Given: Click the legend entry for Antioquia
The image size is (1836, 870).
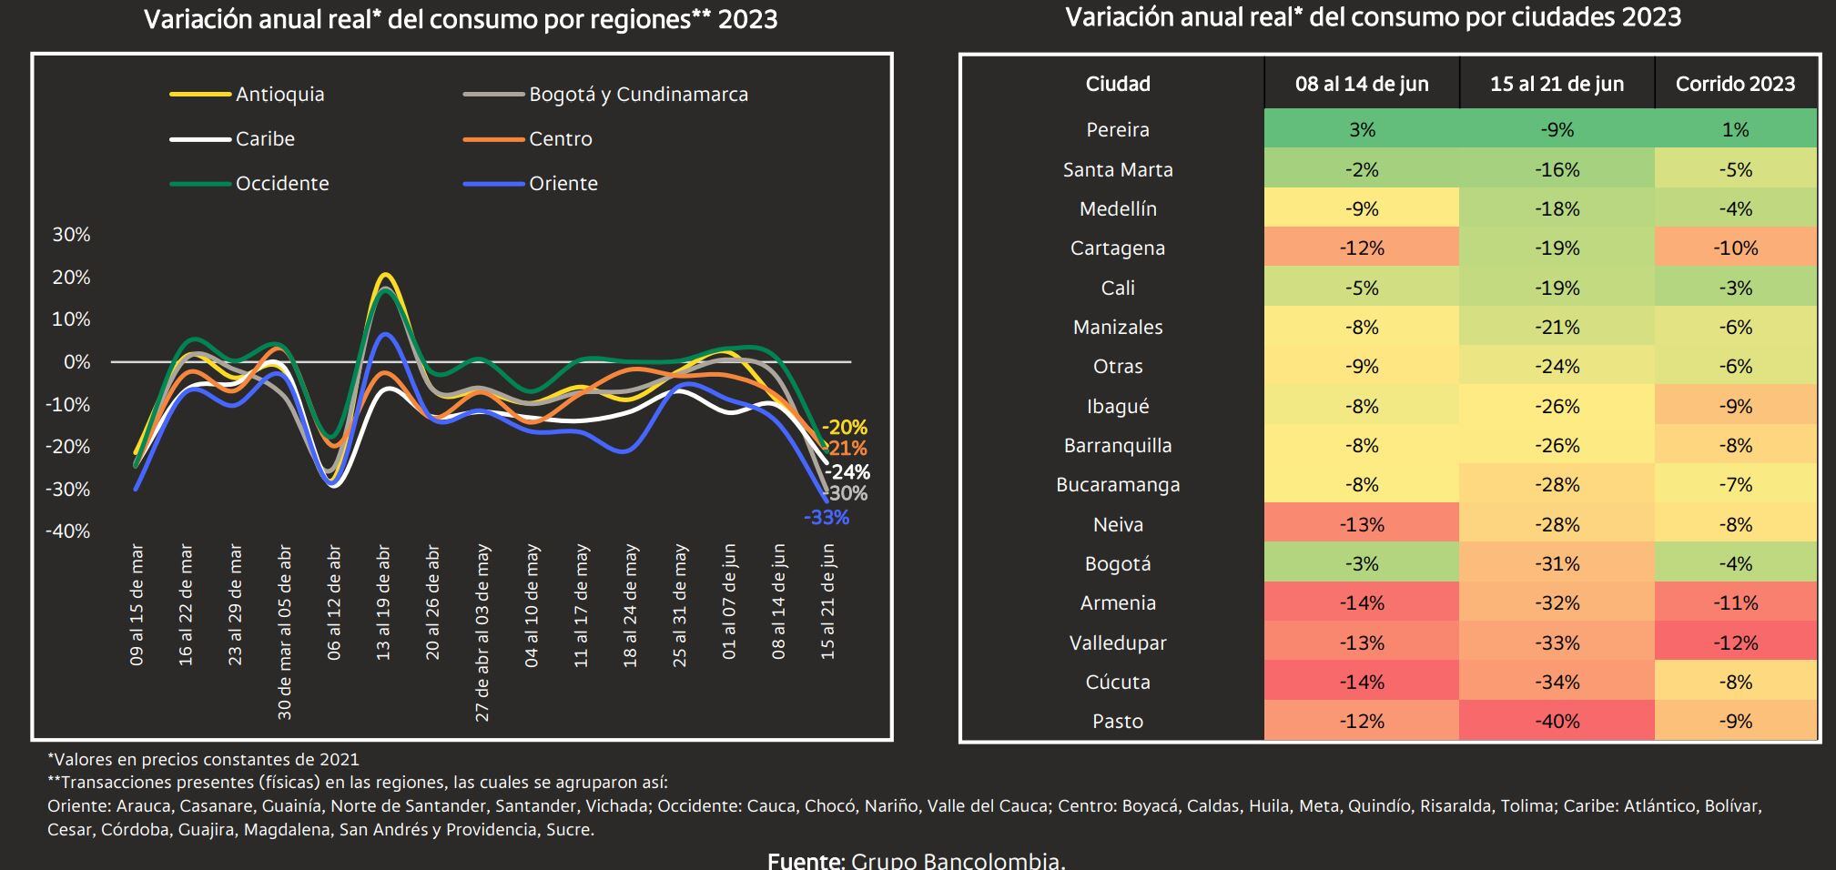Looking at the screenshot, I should (279, 95).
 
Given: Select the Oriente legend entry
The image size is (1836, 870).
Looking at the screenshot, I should (563, 184).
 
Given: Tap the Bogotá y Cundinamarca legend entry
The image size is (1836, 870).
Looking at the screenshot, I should (637, 95).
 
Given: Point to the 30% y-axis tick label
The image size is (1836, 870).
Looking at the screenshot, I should (71, 235).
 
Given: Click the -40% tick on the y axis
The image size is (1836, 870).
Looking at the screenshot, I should (68, 531).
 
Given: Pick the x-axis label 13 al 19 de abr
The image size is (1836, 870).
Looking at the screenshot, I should (383, 602).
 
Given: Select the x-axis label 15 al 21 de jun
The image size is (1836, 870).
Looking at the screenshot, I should (827, 602).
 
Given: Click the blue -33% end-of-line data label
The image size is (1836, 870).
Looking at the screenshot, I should (827, 518).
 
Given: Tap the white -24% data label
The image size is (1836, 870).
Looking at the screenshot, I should (847, 472).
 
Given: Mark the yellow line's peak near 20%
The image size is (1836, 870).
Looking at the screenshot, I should (385, 275).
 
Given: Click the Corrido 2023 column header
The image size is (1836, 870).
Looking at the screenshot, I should (1735, 85).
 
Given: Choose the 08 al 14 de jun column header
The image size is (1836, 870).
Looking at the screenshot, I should (1362, 85).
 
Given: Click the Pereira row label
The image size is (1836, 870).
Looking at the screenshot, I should (1118, 130).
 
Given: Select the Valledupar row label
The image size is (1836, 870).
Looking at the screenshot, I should (1118, 643).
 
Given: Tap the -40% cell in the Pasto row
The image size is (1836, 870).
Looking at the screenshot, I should (1557, 722).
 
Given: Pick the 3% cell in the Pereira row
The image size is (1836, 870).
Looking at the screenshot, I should (1362, 130).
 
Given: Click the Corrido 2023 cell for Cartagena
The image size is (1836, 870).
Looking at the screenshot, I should (1735, 248).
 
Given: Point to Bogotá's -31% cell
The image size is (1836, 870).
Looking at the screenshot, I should (1557, 564).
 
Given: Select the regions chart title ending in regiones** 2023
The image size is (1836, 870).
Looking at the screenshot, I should (461, 20).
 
